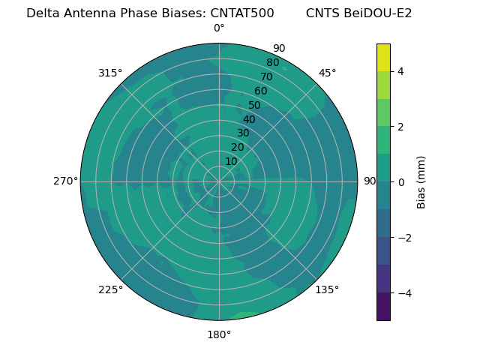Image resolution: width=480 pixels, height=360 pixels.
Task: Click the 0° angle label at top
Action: tap(219, 28)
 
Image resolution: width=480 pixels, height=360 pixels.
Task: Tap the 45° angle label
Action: tap(327, 73)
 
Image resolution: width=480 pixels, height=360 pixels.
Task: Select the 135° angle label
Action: tap(327, 289)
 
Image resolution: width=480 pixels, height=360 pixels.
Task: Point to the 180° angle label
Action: tap(219, 334)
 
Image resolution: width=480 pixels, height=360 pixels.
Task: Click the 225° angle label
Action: tap(110, 289)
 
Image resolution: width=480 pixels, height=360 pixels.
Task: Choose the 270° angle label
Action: tap(66, 181)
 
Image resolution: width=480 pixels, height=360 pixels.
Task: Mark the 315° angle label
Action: tap(110, 73)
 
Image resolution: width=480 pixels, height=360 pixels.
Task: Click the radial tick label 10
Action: tap(231, 161)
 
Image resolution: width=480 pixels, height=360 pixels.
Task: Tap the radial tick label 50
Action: tap(255, 105)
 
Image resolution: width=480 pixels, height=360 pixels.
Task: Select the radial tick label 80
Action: tap(272, 63)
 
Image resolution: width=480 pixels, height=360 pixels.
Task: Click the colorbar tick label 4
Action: tap(400, 71)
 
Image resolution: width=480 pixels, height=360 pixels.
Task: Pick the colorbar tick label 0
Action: tap(400, 181)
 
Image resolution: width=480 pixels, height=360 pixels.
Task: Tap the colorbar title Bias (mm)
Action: tap(421, 181)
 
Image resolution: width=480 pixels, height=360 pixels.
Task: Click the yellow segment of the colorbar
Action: tap(383, 58)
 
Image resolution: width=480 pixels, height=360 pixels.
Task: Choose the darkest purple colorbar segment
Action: tap(383, 306)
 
